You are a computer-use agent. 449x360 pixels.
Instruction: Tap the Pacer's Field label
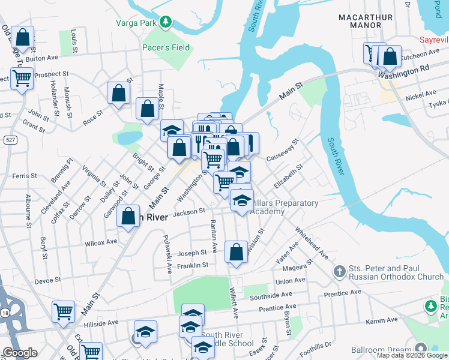click(166, 47)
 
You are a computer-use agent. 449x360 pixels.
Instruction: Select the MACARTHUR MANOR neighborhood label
click(368, 21)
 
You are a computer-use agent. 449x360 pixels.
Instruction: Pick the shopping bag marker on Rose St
click(119, 93)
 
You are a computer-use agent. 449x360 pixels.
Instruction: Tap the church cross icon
click(339, 272)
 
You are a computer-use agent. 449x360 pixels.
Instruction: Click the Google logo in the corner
click(19, 353)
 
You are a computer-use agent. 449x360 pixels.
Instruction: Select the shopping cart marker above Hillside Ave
click(63, 311)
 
